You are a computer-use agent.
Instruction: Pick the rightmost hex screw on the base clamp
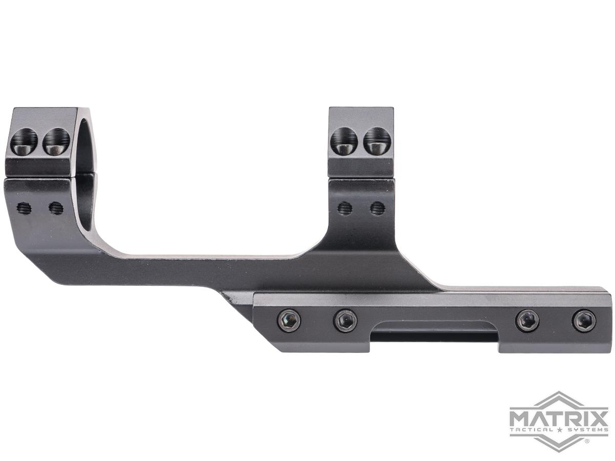coord(583,321)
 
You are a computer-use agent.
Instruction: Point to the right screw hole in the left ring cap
coord(56,141)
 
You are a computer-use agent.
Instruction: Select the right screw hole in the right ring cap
coord(377,141)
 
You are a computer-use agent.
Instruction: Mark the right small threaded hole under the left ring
coord(56,207)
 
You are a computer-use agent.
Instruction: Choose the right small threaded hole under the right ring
coord(378,207)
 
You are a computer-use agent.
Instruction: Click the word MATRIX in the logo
coord(559,414)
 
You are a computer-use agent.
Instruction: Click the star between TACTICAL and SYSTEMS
coord(559,429)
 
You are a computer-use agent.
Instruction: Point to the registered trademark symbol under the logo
coord(586,441)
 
